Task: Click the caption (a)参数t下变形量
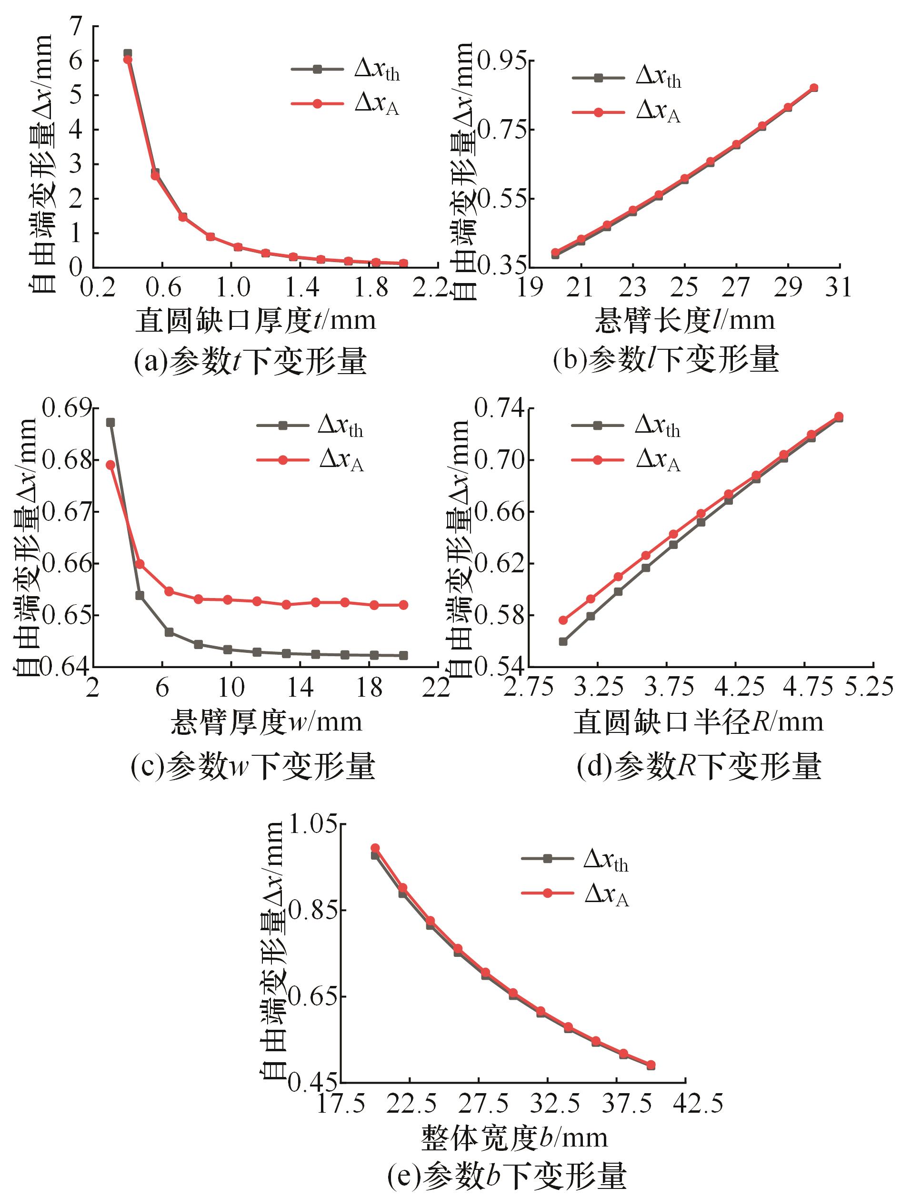250,361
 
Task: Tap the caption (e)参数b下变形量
507,1175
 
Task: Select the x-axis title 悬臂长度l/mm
684,320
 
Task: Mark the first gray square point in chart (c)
110,422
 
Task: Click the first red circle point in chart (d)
563,620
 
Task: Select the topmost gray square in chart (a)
128,53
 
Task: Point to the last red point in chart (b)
814,88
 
